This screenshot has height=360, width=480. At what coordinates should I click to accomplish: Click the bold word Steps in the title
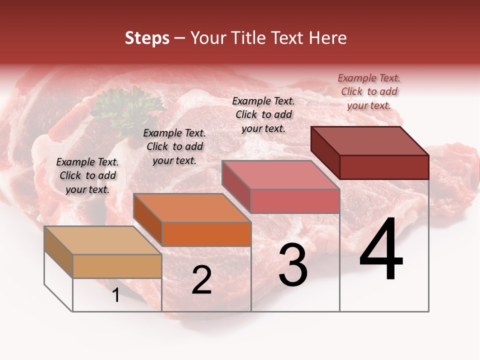[x=147, y=38]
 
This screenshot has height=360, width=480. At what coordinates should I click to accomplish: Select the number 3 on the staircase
[x=293, y=265]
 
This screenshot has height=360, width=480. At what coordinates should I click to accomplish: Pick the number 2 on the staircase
[x=201, y=280]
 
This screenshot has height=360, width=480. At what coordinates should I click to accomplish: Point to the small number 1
[x=115, y=295]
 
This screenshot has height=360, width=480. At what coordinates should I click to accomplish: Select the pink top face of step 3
[x=280, y=175]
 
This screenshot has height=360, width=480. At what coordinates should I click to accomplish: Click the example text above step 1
[x=87, y=175]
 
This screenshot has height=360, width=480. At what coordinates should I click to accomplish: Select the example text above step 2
[x=174, y=146]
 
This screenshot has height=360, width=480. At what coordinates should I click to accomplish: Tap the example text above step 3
[x=263, y=114]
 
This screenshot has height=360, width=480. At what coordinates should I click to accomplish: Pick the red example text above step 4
[x=369, y=91]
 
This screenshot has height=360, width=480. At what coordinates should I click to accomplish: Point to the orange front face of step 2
[x=206, y=234]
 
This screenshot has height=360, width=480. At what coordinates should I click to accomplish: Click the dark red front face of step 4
[x=384, y=167]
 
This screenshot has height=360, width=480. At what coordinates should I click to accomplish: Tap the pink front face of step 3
[x=295, y=201]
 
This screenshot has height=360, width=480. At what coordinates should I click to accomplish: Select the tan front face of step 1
[x=117, y=266]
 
